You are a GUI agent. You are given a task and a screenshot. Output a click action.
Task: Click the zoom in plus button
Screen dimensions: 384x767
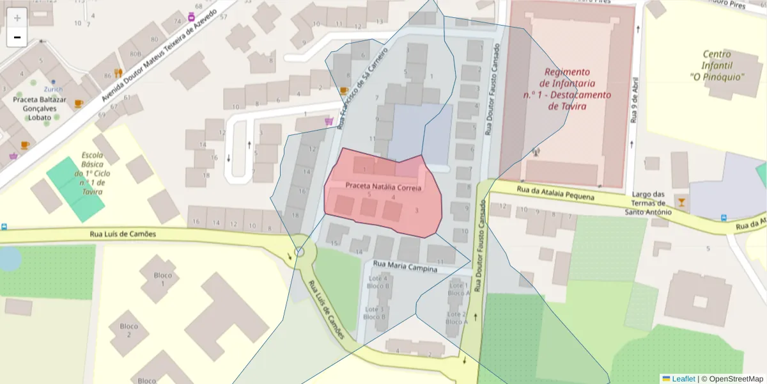17,17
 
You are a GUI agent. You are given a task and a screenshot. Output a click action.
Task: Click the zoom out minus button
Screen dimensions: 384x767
17,37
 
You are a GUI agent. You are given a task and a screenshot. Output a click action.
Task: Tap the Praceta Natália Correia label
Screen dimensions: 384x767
383,188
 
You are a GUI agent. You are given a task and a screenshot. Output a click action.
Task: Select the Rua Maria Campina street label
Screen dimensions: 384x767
405,267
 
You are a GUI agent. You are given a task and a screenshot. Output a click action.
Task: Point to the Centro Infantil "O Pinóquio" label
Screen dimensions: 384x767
717,65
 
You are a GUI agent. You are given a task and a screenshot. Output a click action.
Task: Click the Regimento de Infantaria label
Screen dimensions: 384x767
567,89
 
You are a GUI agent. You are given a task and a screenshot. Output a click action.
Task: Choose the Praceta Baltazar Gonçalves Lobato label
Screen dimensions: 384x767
40,109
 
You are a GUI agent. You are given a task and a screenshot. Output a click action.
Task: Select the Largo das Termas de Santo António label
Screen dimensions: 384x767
648,203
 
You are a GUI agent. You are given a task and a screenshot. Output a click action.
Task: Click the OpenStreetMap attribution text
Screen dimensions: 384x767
734,379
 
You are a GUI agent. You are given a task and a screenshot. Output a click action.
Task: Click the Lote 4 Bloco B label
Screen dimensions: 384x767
378,282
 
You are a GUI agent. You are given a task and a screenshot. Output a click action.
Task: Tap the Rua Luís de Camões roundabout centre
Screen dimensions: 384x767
300,252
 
